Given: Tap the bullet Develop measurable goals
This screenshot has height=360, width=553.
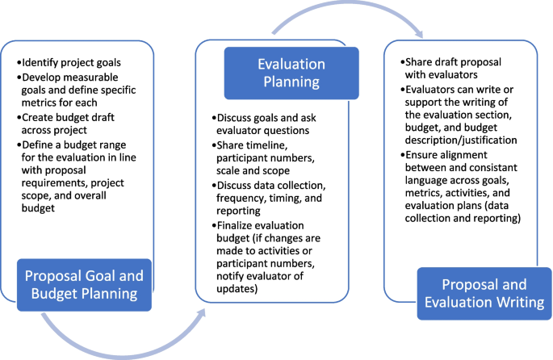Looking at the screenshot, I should pyautogui.click(x=81, y=89).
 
